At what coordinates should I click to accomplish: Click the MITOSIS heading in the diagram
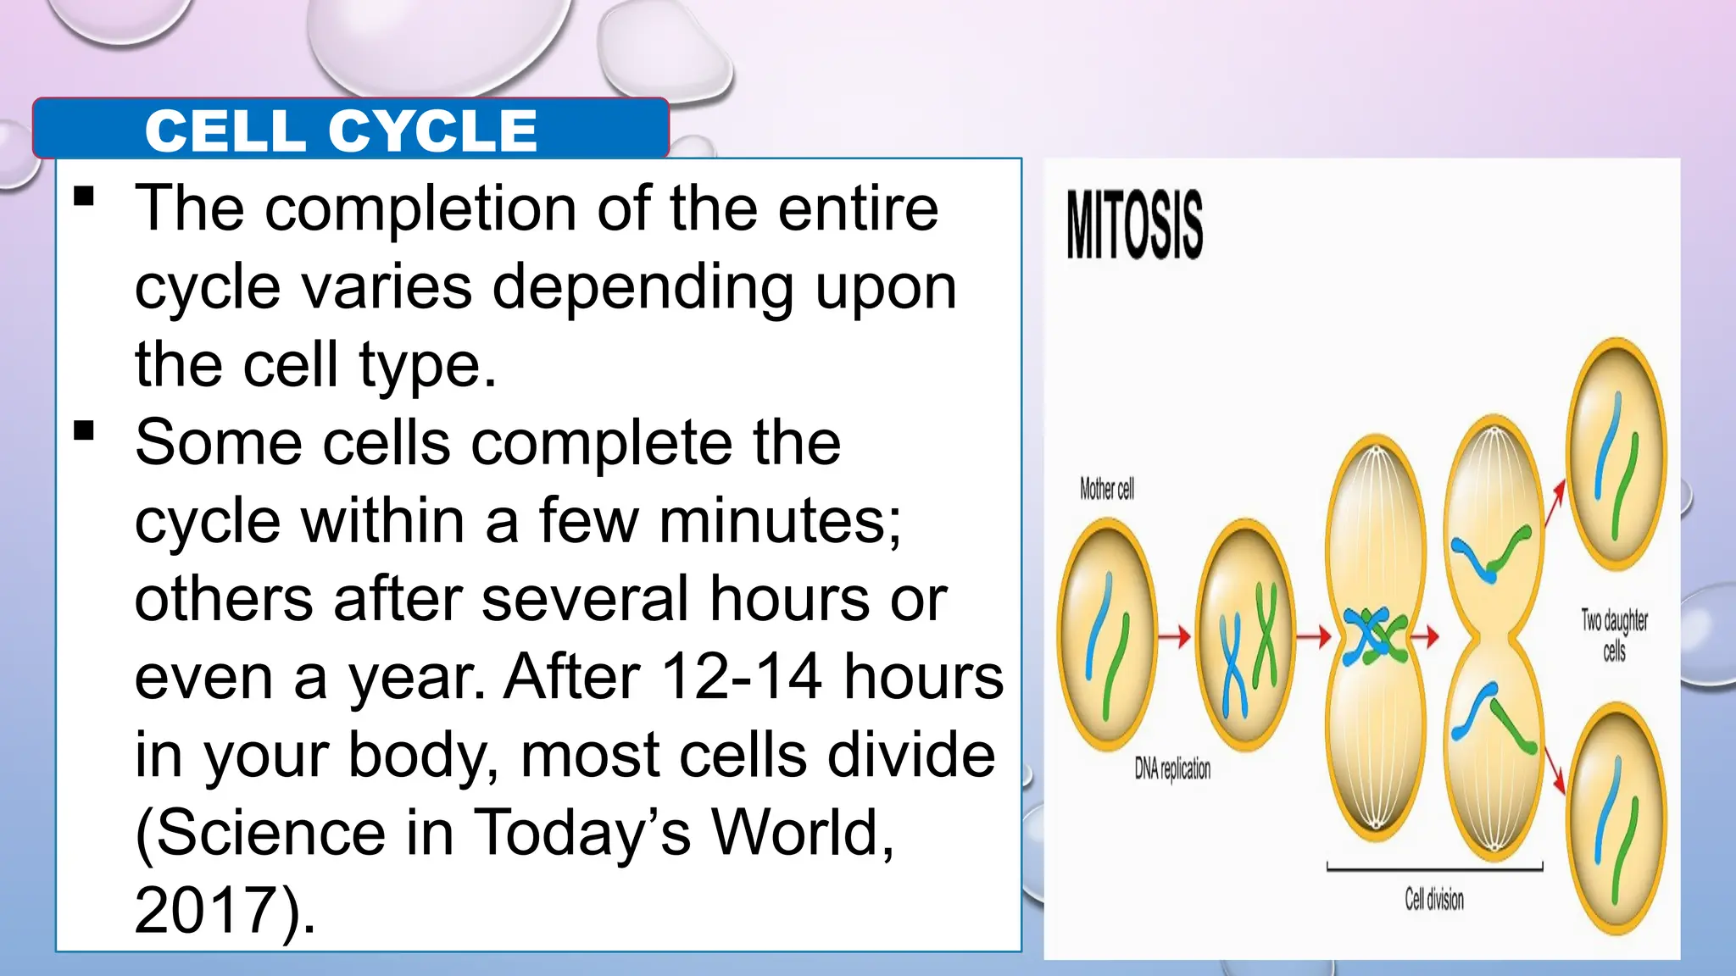1134,225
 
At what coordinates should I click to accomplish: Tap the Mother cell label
1106,489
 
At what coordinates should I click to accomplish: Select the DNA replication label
1172,768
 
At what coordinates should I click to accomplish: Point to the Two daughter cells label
1614,635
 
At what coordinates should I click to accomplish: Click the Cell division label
1434,899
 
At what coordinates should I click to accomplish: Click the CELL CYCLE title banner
342,130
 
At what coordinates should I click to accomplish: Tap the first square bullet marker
84,197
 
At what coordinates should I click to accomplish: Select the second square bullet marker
84,431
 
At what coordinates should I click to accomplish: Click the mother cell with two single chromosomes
1106,635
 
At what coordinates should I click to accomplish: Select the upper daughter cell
1616,453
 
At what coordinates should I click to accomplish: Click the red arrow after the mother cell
1175,635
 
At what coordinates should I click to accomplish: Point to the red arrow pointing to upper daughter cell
1554,504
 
